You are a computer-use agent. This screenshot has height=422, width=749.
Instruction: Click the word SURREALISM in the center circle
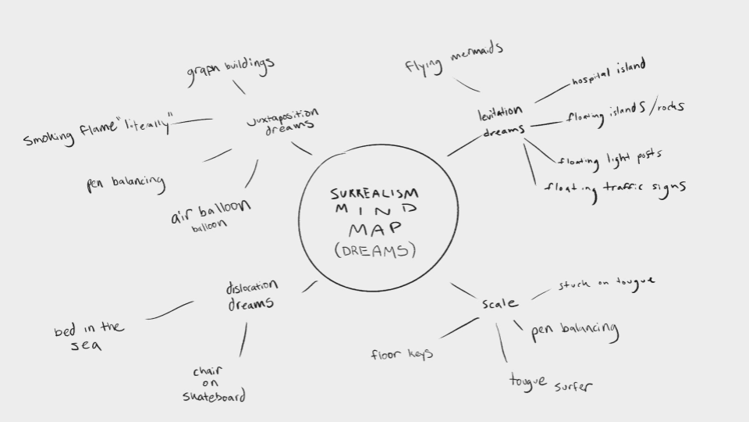[x=374, y=193]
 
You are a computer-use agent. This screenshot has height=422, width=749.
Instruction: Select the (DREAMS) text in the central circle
[x=374, y=250]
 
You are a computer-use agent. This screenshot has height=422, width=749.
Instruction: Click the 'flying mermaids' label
[x=453, y=58]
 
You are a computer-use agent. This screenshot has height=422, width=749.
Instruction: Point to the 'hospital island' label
[x=608, y=74]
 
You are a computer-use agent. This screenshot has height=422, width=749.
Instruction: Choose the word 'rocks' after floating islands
[x=667, y=108]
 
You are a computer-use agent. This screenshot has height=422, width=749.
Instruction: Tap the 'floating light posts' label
[x=609, y=159]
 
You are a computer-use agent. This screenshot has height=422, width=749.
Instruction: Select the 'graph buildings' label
[x=230, y=71]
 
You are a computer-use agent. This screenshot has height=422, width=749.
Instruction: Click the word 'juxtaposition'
[x=282, y=117]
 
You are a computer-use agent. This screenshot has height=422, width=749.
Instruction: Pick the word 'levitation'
[x=500, y=114]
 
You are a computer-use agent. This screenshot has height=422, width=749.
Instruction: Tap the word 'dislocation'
[x=251, y=287]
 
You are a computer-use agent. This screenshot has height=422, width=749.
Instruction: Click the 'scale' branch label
[x=499, y=303]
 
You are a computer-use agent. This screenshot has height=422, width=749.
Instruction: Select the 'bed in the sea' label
[x=88, y=335]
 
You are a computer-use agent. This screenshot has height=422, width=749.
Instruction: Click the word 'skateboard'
[x=214, y=396]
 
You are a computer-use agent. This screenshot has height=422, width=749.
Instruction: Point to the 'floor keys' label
[x=402, y=355]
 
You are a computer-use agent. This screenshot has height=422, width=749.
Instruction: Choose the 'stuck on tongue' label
[x=606, y=283]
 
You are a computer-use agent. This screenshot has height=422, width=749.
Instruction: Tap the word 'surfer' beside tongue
[x=574, y=386]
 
